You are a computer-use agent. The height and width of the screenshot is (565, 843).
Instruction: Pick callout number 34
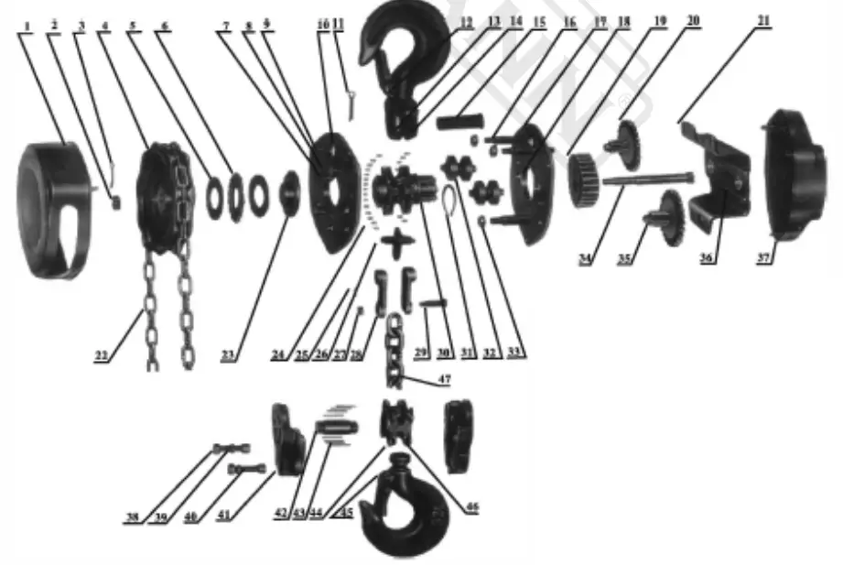click(585, 259)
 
